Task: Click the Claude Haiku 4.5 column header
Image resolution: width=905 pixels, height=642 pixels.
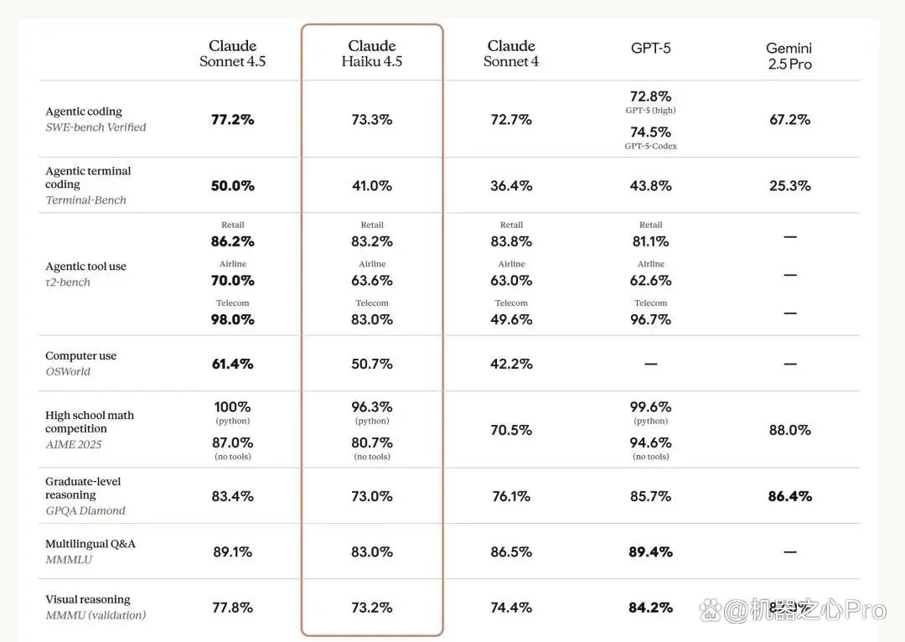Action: pyautogui.click(x=372, y=54)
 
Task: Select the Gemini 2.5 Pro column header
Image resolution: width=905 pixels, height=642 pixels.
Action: pyautogui.click(x=789, y=56)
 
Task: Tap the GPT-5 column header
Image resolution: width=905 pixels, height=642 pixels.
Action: pyautogui.click(x=650, y=48)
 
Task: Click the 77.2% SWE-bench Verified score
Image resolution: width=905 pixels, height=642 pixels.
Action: pyautogui.click(x=233, y=120)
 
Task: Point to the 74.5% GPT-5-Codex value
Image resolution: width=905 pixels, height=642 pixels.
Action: pyautogui.click(x=650, y=132)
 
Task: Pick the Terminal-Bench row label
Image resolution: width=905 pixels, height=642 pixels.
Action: pyautogui.click(x=86, y=199)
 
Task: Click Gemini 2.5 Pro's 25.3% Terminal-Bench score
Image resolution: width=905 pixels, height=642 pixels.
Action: pyautogui.click(x=789, y=186)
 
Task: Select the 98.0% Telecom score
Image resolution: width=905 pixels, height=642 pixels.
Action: pyautogui.click(x=233, y=319)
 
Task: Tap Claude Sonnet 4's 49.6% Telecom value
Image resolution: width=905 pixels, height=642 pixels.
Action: pyautogui.click(x=511, y=319)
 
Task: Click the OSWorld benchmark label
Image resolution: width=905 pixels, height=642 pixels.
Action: pyautogui.click(x=68, y=371)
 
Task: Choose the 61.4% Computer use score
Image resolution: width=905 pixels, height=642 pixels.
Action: pyautogui.click(x=233, y=364)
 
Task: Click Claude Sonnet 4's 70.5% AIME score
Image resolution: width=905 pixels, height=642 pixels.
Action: pyautogui.click(x=511, y=430)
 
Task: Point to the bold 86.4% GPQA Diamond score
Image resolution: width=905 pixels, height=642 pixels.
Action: pyautogui.click(x=789, y=496)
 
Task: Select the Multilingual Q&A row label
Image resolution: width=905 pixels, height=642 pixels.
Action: pyautogui.click(x=90, y=544)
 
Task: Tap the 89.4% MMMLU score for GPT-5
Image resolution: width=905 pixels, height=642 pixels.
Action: pyautogui.click(x=650, y=552)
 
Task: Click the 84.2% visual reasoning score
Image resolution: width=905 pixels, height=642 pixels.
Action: pyautogui.click(x=650, y=608)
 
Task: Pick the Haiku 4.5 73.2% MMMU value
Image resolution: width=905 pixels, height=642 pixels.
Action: pyautogui.click(x=372, y=608)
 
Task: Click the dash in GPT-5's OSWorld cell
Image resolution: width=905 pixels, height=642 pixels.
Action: pyautogui.click(x=650, y=364)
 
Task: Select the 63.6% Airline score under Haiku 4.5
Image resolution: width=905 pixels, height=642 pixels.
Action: pyautogui.click(x=372, y=281)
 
